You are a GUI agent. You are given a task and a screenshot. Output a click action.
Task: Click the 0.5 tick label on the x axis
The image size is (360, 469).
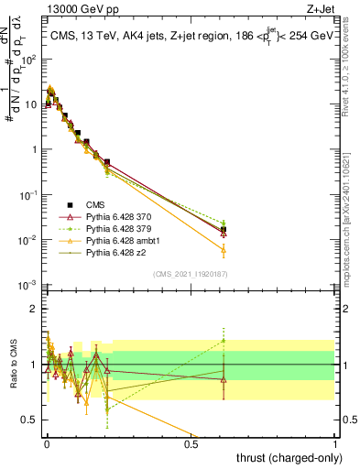tap(191, 444)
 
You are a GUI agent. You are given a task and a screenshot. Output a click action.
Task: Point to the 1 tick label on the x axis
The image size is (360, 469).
tap(336, 444)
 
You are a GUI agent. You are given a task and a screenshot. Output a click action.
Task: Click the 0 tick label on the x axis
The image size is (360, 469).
tap(47, 444)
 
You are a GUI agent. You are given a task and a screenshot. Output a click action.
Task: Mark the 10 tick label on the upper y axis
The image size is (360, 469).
tap(30, 104)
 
